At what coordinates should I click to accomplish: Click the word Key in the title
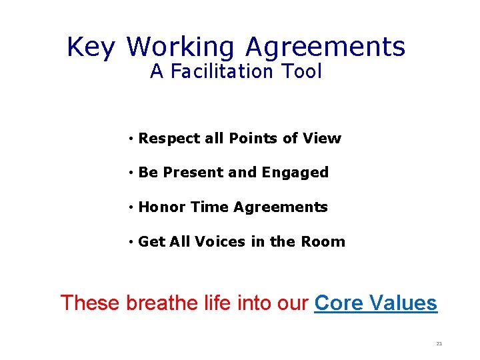(91, 47)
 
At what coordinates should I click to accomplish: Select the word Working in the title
(180, 47)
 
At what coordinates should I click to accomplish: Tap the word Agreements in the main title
(325, 47)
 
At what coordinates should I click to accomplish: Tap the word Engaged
(295, 173)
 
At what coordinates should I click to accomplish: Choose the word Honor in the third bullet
(162, 207)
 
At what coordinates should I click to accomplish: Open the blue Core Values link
(375, 303)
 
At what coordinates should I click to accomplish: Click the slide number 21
(439, 344)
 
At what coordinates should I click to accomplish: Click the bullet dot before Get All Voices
(133, 242)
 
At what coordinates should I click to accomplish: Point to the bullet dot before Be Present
(133, 173)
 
